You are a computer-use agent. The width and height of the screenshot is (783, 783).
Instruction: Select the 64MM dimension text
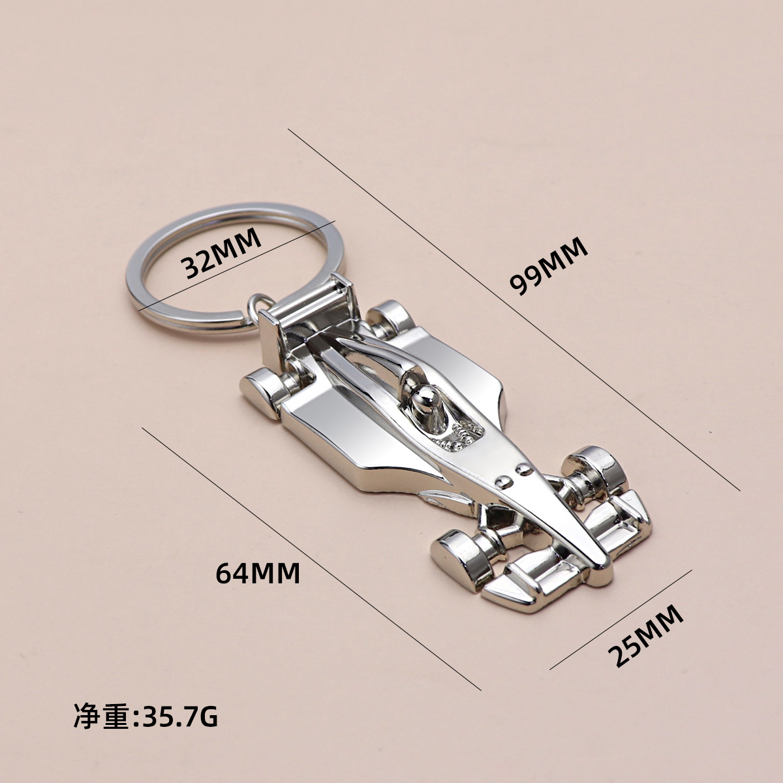[x=258, y=573]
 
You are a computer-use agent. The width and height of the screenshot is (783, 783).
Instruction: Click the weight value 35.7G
[x=176, y=716]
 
